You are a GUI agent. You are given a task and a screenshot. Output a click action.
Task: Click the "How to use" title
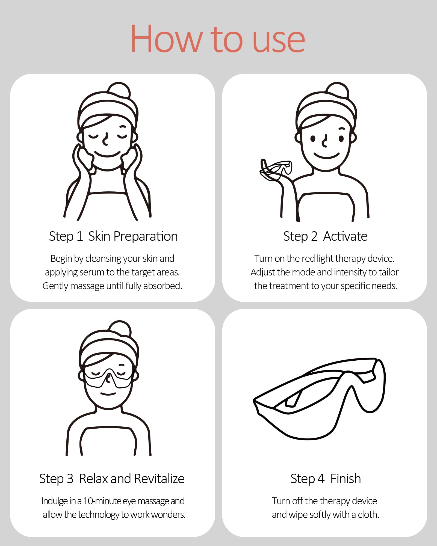pyautogui.click(x=218, y=38)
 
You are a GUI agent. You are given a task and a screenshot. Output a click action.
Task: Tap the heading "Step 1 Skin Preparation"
pyautogui.click(x=113, y=236)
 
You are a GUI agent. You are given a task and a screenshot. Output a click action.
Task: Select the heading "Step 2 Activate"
pyautogui.click(x=325, y=236)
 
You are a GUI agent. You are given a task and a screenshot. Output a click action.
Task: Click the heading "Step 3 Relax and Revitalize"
pyautogui.click(x=112, y=479)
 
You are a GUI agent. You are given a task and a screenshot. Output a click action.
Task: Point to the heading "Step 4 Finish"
pyautogui.click(x=326, y=479)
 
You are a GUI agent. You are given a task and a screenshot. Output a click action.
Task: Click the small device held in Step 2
pyautogui.click(x=276, y=169)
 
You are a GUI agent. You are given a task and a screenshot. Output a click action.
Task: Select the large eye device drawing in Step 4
pyautogui.click(x=320, y=399)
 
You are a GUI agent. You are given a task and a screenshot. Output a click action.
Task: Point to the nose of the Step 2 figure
pyautogui.click(x=324, y=141)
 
